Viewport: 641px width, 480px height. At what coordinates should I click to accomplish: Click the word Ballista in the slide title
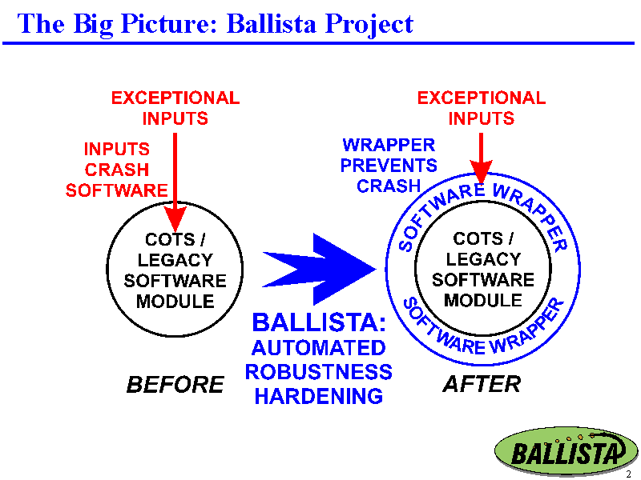coord(271,23)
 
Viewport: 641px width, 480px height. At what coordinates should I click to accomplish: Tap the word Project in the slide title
coord(369,25)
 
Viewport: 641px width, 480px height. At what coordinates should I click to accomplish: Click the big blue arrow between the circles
coord(319,269)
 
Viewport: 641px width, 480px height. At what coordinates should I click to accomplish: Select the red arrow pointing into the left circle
coord(175,182)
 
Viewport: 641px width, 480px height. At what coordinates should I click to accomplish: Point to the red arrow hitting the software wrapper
coord(481,158)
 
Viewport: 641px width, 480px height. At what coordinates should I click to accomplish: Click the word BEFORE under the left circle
coord(175,385)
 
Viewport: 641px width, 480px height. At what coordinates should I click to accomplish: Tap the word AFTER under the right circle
coord(482,384)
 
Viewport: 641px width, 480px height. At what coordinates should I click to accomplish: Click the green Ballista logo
coord(566,450)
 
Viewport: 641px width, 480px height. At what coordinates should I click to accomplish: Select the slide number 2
coord(628,474)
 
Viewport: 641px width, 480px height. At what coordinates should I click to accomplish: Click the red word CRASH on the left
coord(117,170)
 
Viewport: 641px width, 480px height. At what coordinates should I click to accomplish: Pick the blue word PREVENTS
coord(389,166)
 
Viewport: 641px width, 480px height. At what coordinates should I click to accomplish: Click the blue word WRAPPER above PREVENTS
coord(389,145)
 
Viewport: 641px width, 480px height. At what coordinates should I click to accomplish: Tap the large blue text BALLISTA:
coord(319,322)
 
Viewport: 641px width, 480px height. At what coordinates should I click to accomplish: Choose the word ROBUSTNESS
coord(318,372)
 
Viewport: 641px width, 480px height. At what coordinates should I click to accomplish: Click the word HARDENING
coord(319,396)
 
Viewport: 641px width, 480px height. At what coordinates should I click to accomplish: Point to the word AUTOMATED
coord(318,348)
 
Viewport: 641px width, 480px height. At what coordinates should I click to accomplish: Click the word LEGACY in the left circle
coord(175,260)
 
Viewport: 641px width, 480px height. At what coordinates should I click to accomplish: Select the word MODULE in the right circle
coord(483,301)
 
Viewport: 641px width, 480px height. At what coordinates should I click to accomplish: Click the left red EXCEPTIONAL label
coord(175,98)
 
